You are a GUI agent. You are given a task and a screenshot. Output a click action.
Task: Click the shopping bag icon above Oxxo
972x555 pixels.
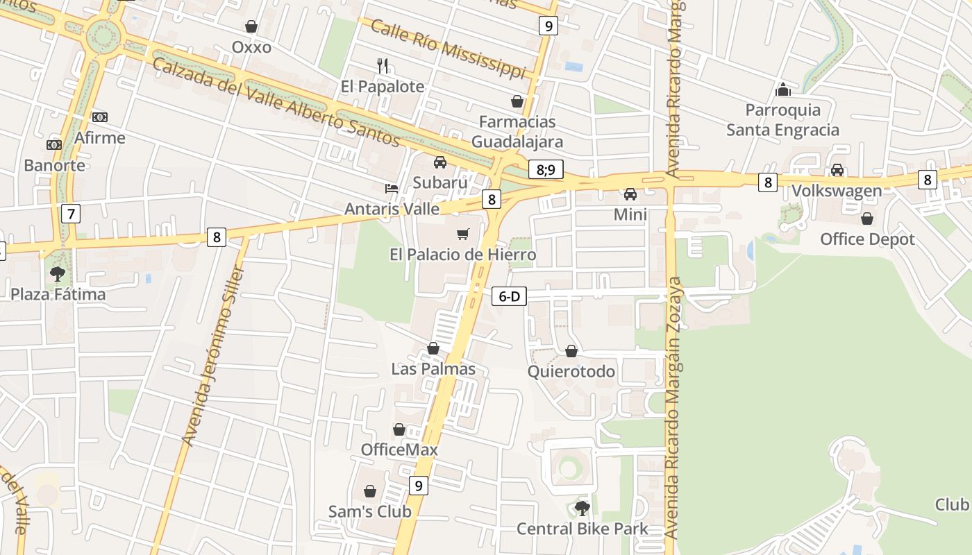(251, 26)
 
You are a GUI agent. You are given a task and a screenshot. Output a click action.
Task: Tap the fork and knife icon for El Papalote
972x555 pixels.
(382, 66)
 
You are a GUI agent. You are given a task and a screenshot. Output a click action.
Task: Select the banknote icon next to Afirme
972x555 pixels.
(100, 117)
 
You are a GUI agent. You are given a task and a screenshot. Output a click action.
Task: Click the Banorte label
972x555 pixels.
(54, 165)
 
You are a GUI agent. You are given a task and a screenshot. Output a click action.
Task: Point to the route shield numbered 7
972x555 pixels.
(71, 213)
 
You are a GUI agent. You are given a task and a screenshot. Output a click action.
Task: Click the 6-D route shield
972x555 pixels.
(509, 297)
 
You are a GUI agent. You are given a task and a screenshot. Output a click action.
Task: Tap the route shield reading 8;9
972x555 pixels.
(546, 170)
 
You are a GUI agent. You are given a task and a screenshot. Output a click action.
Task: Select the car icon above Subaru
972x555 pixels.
(439, 162)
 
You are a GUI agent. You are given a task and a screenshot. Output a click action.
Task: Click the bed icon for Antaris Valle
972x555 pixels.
(392, 188)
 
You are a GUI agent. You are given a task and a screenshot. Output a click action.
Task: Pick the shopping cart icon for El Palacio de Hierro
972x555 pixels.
(462, 234)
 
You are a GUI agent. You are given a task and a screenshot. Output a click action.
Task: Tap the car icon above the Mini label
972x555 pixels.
(630, 194)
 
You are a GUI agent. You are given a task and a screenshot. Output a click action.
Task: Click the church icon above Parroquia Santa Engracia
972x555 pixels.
(782, 89)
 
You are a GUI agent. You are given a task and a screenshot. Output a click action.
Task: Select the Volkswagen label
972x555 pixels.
(837, 191)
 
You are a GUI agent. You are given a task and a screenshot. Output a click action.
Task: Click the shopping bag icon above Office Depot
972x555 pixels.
(867, 219)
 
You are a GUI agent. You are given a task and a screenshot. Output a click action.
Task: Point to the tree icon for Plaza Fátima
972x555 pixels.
(58, 274)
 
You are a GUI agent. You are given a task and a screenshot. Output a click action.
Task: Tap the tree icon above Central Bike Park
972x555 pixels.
(583, 509)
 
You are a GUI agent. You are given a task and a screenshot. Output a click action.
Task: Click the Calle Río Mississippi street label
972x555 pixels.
(448, 49)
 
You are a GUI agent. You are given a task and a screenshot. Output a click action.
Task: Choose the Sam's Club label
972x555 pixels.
(370, 512)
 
